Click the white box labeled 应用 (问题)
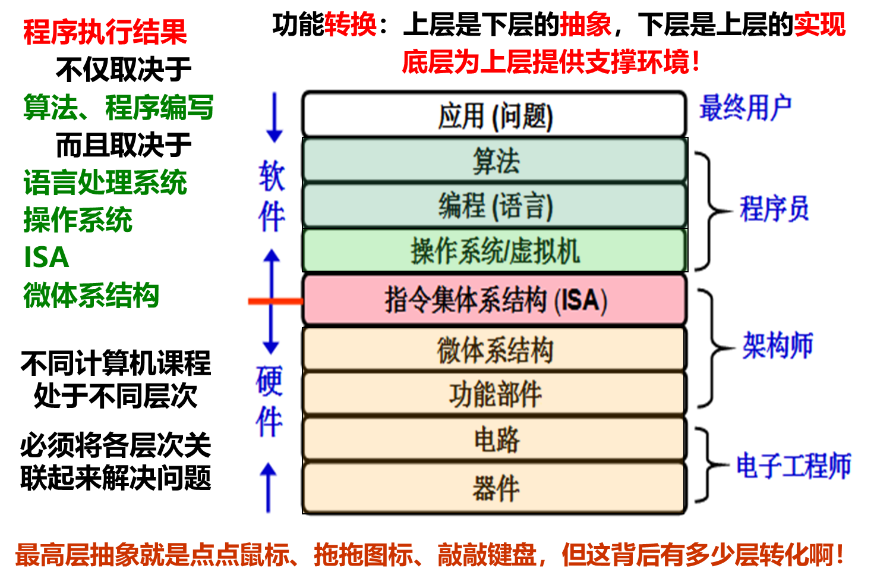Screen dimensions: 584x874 [x=494, y=115]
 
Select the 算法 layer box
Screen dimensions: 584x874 [x=494, y=161]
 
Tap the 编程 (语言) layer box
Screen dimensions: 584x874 [x=494, y=206]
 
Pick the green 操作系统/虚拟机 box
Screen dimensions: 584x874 [x=494, y=251]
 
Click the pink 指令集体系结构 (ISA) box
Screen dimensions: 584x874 [x=494, y=300]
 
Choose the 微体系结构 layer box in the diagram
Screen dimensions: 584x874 [x=494, y=349]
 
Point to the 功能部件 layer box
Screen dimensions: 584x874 [x=494, y=394]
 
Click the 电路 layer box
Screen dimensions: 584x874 [x=494, y=439]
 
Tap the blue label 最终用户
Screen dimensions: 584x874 [x=744, y=108]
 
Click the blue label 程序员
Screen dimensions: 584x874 [x=774, y=209]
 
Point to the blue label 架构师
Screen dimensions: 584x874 [x=777, y=346]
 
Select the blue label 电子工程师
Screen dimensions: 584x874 [x=793, y=466]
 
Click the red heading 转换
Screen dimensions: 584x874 [x=350, y=25]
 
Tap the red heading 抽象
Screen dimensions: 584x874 [x=585, y=25]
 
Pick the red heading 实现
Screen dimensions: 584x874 [x=820, y=25]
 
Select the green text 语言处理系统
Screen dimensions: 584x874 [x=105, y=183]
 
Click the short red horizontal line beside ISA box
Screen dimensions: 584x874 [x=275, y=302]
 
